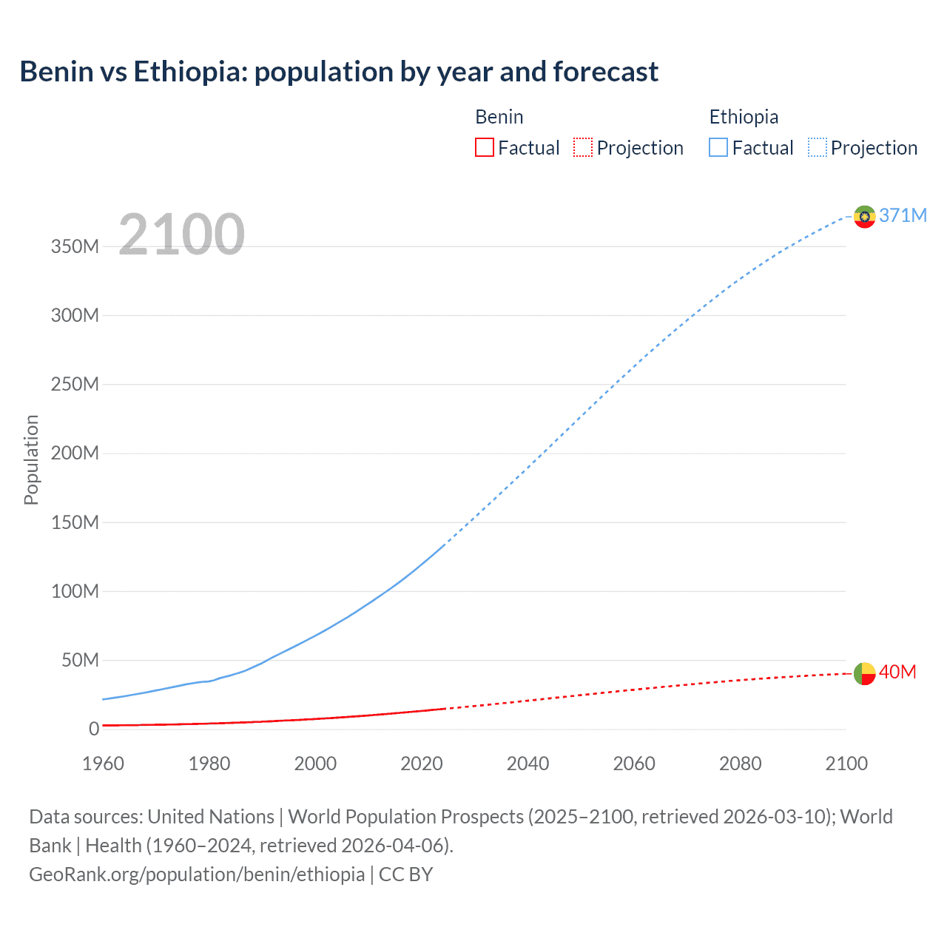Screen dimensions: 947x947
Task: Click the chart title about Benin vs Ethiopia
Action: pos(339,72)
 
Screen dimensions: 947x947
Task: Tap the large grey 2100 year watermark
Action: pos(181,235)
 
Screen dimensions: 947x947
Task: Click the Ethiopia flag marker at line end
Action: pos(864,217)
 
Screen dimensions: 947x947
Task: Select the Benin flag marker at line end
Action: pos(864,674)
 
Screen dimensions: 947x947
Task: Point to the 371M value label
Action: pos(903,215)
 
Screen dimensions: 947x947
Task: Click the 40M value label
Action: pos(897,672)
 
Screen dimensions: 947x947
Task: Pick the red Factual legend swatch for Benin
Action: pos(484,148)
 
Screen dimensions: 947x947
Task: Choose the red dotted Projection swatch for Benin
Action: pos(583,148)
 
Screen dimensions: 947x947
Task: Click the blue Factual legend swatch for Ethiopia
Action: pos(718,148)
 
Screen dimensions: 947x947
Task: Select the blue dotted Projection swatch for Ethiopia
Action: pos(817,148)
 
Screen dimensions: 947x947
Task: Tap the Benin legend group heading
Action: pos(499,117)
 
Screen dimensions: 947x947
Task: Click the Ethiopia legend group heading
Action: pos(744,117)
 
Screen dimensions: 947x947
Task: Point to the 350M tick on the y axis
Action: pos(75,246)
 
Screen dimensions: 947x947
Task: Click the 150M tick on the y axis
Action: pos(75,522)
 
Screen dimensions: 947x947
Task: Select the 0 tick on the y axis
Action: pos(93,729)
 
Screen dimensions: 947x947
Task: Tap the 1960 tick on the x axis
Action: pos(103,764)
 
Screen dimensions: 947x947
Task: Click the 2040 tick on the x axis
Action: pos(528,764)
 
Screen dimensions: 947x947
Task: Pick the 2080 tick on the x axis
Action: pos(740,764)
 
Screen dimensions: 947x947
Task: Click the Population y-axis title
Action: pos(31,459)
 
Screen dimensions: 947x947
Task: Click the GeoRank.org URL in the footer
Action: pos(197,874)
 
